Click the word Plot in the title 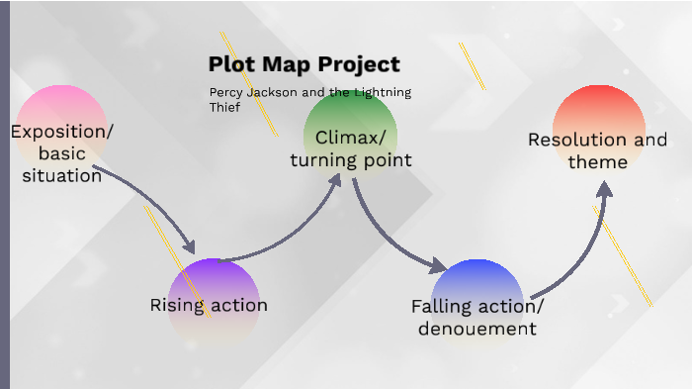coord(229,65)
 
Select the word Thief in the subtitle coord(224,108)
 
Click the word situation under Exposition coord(62,176)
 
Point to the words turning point coord(350,159)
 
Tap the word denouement coord(477,329)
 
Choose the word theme coord(597,161)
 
